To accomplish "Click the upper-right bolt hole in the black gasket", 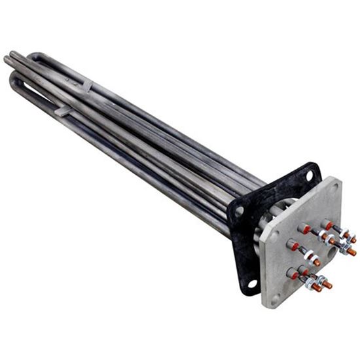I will pyautogui.click(x=309, y=175).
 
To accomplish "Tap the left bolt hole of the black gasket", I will pyautogui.click(x=240, y=211).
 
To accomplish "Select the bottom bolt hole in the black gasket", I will pyautogui.click(x=252, y=283).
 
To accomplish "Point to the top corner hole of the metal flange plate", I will pyautogui.click(x=334, y=186).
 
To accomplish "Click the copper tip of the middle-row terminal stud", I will pyautogui.click(x=317, y=262).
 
